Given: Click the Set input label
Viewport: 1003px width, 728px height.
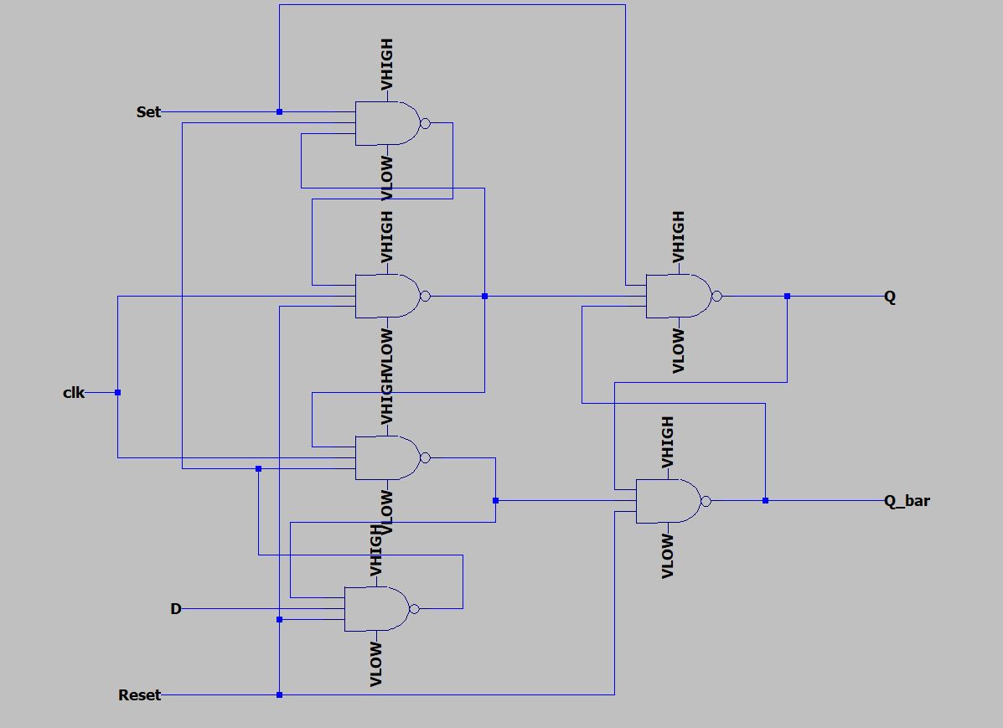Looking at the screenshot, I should coord(148,111).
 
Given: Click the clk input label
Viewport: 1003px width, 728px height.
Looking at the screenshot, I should coord(74,392).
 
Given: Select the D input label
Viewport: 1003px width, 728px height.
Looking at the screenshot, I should coord(176,609).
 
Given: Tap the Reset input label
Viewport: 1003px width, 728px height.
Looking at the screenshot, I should coord(139,695).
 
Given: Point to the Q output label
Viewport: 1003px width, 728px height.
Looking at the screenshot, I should coord(890,297).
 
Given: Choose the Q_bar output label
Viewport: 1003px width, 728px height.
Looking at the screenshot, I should coord(907,501).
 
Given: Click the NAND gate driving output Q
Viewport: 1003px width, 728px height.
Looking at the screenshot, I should coord(677,296).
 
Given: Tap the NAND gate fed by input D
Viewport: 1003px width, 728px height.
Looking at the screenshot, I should coord(375,609).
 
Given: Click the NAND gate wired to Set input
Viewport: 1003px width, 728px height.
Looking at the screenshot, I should coord(386,124).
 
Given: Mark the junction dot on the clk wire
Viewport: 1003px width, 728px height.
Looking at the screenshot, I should coord(118,392).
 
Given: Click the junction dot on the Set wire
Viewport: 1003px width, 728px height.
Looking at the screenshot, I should coord(280,111).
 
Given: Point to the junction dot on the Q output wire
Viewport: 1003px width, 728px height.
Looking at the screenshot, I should coord(787,297).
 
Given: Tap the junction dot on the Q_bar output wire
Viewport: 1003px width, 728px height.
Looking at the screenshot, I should coord(765,501).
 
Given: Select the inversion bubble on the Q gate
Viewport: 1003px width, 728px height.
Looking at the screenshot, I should coord(716,296).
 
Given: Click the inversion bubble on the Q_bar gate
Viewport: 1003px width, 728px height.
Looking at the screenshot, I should coord(706,501).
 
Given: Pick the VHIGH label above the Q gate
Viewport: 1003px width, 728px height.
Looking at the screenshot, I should coord(678,236).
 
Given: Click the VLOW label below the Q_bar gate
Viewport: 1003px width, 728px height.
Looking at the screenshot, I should coord(668,556).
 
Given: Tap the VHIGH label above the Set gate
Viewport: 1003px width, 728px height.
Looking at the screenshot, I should coord(386,65).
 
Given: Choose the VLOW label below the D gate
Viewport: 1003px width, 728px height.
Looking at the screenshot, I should coord(376,664).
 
